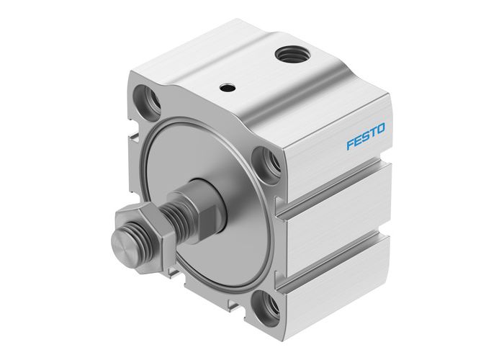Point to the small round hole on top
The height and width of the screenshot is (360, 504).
click(228, 88)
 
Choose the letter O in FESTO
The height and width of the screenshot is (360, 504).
click(381, 129)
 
